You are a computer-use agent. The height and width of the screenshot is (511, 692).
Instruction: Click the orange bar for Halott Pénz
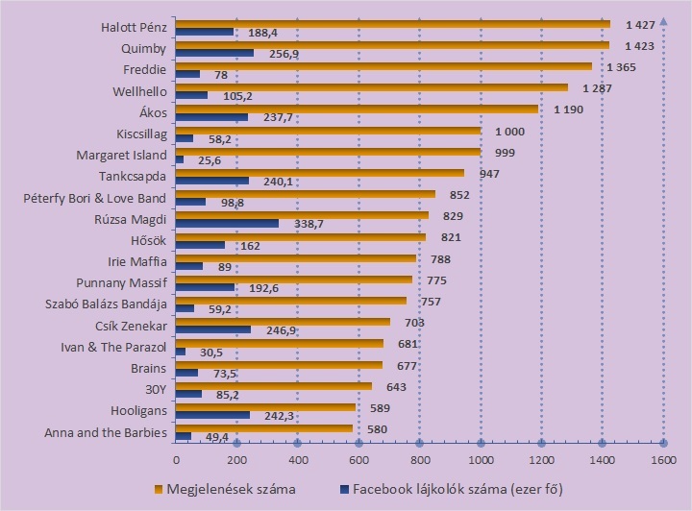[392, 24]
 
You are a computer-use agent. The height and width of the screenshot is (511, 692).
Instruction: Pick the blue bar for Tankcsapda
[211, 181]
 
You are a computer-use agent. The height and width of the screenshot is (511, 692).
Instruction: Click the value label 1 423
[633, 44]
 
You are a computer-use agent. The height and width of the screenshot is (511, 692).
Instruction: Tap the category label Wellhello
[140, 92]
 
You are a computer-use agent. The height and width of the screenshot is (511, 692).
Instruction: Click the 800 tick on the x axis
[420, 460]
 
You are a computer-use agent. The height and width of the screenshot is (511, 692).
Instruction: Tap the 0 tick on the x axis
[176, 460]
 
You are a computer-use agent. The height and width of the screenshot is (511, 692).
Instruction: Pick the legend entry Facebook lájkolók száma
[442, 489]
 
